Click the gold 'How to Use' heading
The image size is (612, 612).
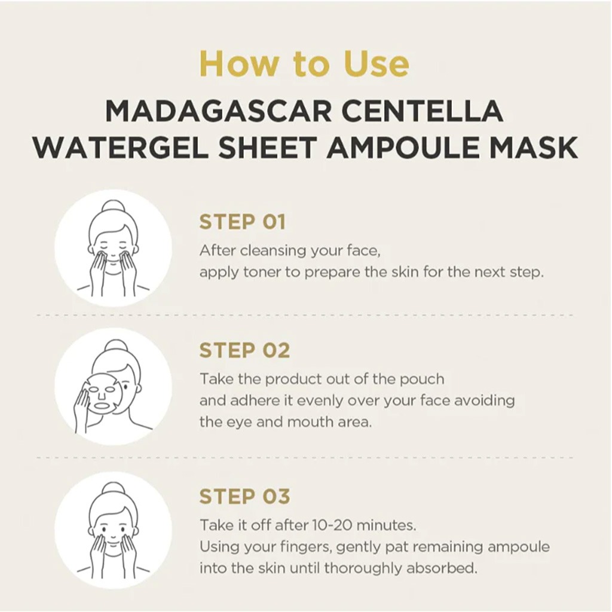[x=304, y=63]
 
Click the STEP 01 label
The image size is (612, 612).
[x=242, y=222]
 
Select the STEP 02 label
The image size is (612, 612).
[x=244, y=351]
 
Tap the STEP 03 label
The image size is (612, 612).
[x=244, y=496]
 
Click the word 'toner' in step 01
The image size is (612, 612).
[x=263, y=272]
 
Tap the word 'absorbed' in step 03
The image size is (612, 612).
[x=442, y=568]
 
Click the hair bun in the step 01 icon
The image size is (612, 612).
[x=113, y=206]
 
